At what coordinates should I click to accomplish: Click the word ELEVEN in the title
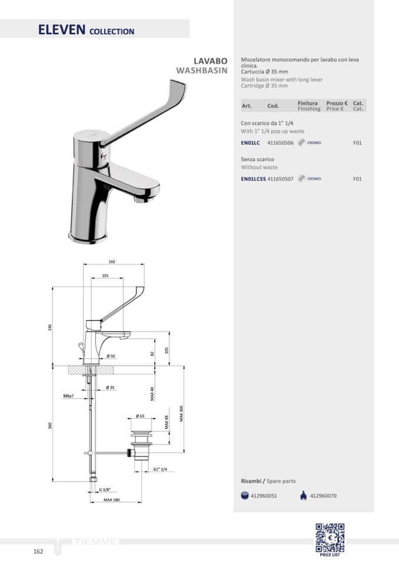(x=62, y=29)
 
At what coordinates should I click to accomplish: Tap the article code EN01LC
(x=250, y=143)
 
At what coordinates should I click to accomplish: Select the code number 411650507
(x=281, y=179)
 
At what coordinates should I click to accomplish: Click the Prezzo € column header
(x=337, y=104)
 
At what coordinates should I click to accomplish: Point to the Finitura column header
(x=308, y=104)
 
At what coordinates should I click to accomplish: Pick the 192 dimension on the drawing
(x=112, y=262)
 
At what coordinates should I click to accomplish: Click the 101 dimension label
(x=105, y=275)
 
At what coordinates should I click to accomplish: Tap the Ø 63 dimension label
(x=140, y=416)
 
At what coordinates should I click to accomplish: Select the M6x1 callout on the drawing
(x=68, y=396)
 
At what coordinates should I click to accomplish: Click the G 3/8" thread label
(x=105, y=489)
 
